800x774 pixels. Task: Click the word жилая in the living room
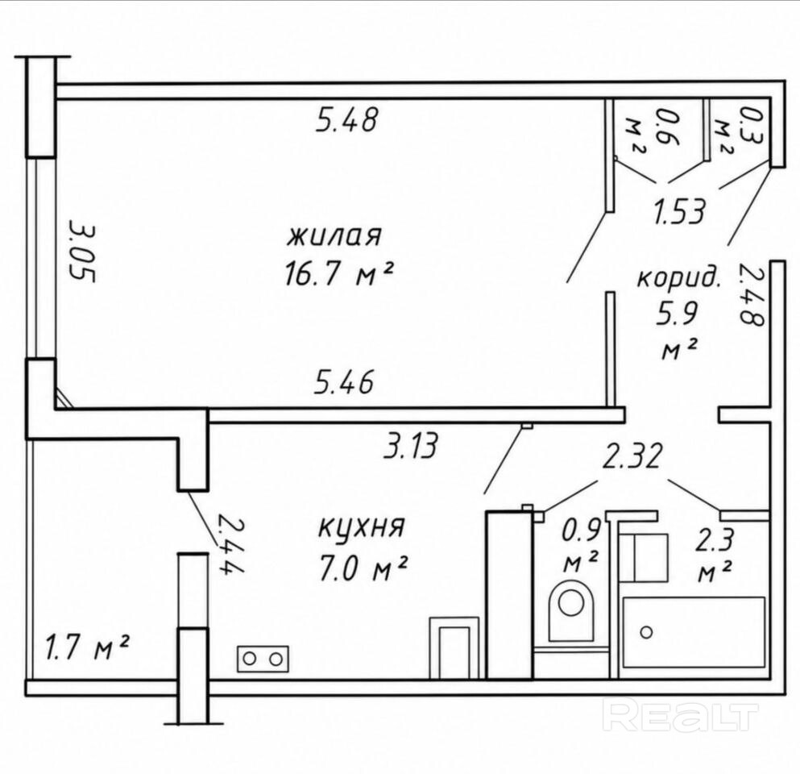click(335, 237)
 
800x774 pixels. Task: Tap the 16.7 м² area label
click(338, 275)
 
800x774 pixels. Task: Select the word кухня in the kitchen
click(361, 527)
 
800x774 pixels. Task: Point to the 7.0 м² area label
click(363, 568)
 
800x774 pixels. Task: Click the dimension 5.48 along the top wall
click(347, 121)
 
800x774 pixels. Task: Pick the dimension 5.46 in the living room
click(344, 382)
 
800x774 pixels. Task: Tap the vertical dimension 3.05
click(81, 251)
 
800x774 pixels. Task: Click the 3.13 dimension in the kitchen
click(411, 446)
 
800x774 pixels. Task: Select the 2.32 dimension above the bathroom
click(632, 456)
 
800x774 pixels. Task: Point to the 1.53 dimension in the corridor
click(680, 211)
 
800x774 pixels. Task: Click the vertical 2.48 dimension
click(750, 294)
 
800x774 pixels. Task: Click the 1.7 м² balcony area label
click(87, 647)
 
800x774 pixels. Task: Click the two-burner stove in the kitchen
click(263, 660)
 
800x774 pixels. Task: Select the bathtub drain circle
click(646, 633)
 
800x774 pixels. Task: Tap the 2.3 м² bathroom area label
click(715, 556)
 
